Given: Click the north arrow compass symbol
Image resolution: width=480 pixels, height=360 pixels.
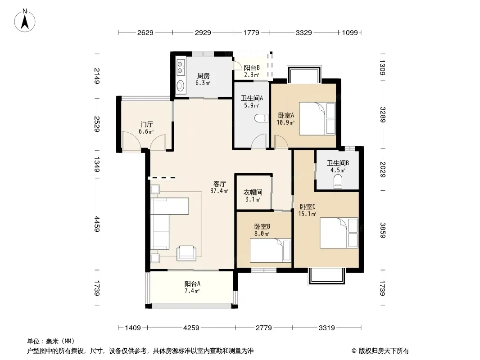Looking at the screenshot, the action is (x=25, y=21).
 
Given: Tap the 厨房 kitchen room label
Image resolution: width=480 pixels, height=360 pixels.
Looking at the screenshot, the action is (x=203, y=76).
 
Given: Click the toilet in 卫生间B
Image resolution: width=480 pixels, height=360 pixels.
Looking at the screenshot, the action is (x=338, y=181).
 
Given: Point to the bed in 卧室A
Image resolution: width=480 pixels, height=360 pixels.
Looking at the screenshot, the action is (x=317, y=118).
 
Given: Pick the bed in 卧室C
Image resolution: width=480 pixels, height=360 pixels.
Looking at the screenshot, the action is (x=339, y=233).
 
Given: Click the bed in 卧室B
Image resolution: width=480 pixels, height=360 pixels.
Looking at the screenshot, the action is (x=270, y=251).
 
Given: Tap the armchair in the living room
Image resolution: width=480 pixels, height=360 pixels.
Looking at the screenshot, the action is (x=186, y=253).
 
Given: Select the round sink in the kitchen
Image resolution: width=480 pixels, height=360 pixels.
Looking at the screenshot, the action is (x=181, y=86).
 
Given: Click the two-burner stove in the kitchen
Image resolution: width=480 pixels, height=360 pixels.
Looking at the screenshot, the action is (x=181, y=67).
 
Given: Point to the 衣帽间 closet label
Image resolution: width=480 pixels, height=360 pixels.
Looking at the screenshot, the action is (x=253, y=193).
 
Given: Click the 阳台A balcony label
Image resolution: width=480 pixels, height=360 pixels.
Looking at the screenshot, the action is (x=192, y=283).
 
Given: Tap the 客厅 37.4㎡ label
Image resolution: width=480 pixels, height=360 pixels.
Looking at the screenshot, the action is (x=219, y=187).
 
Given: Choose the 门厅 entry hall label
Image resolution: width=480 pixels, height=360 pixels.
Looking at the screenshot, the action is (x=146, y=125).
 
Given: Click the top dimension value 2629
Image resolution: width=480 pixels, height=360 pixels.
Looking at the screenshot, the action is (x=145, y=33).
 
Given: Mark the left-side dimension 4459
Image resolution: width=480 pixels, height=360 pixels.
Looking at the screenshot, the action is (x=97, y=224).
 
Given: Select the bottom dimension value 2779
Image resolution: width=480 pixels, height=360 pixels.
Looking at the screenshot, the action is (x=263, y=328).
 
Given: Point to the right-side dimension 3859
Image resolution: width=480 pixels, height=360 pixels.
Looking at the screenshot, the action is (x=382, y=230).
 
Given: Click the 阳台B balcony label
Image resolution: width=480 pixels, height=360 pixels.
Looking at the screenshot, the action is (x=252, y=67).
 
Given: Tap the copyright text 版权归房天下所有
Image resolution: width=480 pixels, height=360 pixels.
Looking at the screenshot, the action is (x=384, y=351).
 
